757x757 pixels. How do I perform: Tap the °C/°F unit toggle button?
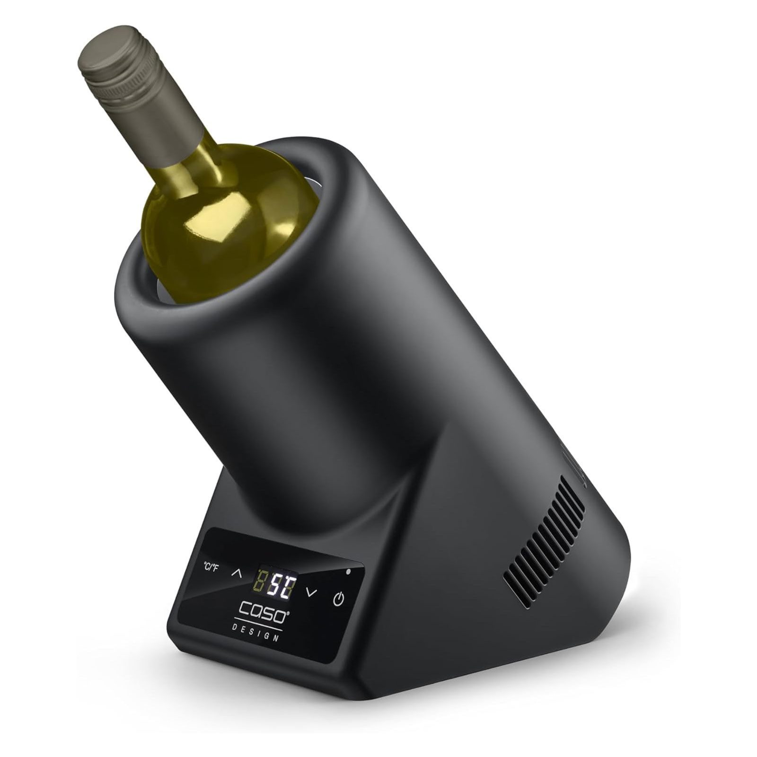211,567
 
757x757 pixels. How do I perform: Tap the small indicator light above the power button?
349,572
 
